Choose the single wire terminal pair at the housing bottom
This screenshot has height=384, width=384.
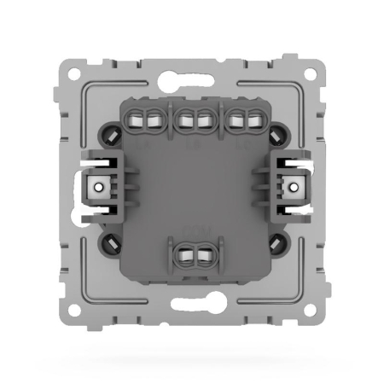coord(193,253)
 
